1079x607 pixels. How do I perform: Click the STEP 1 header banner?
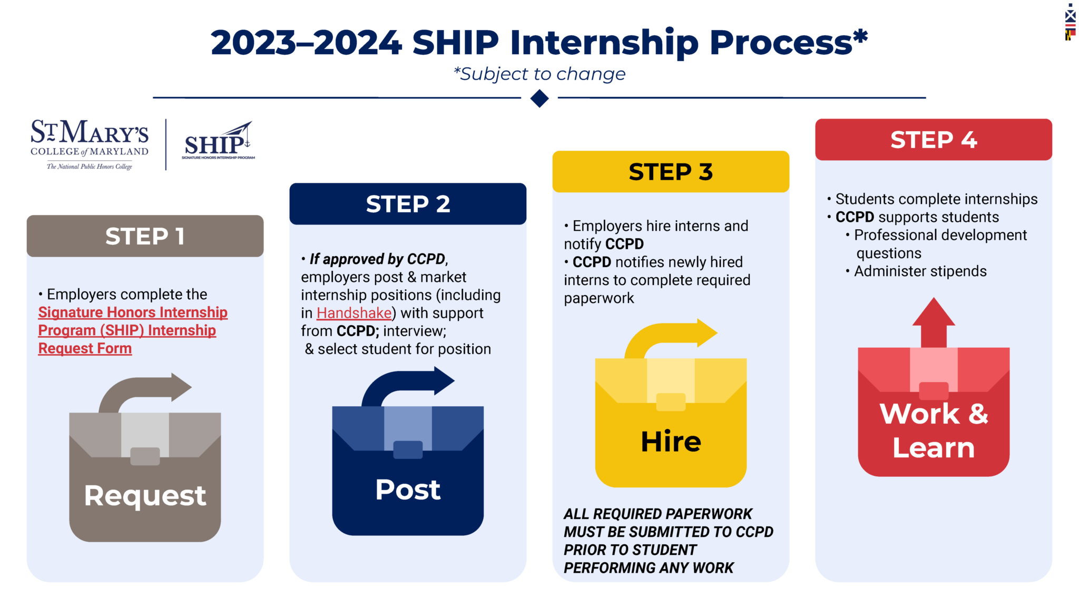145,236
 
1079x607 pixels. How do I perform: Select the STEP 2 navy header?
408,204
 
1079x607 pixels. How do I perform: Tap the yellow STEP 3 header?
671,172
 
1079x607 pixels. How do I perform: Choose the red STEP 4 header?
934,140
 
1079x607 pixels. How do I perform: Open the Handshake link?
354,313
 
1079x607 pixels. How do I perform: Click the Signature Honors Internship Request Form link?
133,330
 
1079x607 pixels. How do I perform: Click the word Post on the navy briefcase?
408,489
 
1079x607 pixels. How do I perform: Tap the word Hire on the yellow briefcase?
671,441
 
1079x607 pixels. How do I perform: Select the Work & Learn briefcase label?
934,430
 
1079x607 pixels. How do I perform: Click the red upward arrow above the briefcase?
934,322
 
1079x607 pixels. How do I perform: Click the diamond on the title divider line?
539,98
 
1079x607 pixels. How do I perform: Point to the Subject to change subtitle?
539,74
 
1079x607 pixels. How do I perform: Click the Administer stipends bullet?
916,271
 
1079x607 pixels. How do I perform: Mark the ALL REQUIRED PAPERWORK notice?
668,541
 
